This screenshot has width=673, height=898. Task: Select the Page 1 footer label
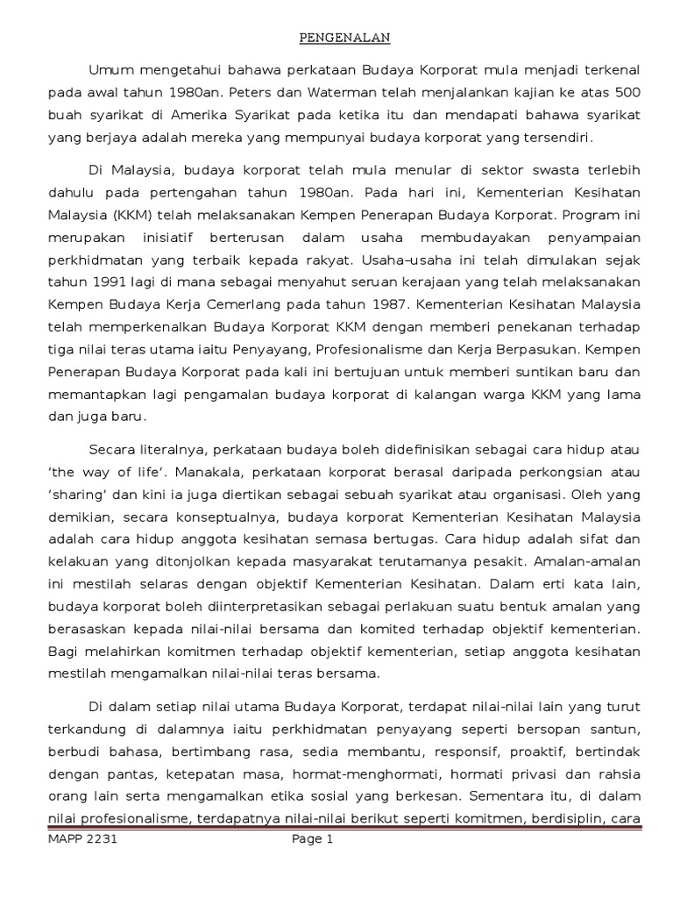[313, 839]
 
